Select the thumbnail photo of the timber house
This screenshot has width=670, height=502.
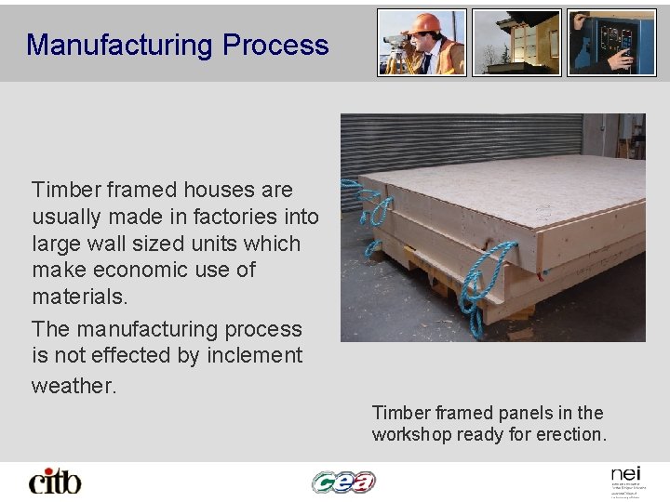pos(516,42)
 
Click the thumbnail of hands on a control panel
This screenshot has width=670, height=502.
pos(611,42)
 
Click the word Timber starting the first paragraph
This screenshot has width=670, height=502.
pos(67,190)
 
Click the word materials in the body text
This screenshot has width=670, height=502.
pos(78,297)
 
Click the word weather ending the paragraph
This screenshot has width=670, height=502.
pos(74,385)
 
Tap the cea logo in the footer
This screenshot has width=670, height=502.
pos(343,481)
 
